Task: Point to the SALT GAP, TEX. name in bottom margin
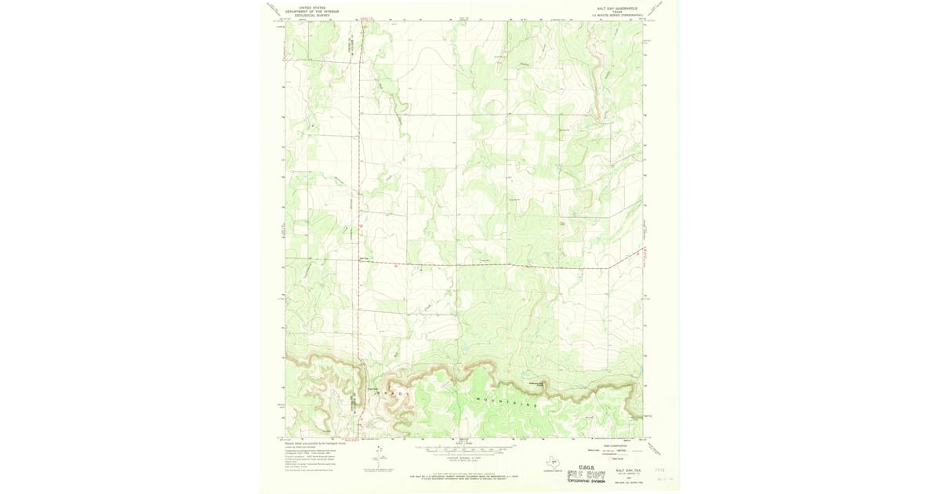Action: [627, 464]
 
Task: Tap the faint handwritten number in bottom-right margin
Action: [667, 476]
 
